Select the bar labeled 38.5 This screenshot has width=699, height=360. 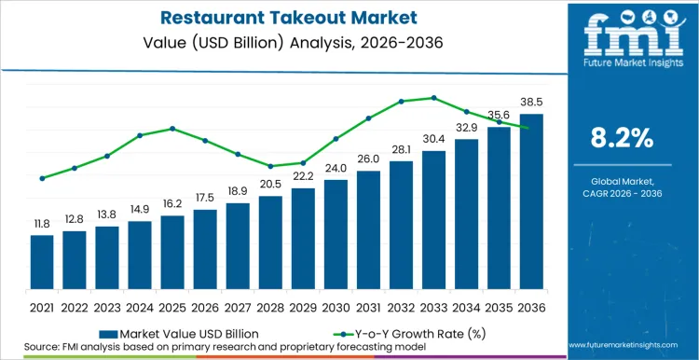(x=530, y=201)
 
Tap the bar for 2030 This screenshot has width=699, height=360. (x=336, y=233)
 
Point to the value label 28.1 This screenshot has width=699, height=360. (x=401, y=149)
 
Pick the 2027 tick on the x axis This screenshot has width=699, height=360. (x=238, y=306)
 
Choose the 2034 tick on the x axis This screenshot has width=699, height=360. (x=466, y=306)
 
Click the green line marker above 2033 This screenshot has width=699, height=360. (x=433, y=97)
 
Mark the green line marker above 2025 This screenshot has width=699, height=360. (x=172, y=129)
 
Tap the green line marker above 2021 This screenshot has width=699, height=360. (x=42, y=178)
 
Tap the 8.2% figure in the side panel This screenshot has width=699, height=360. (x=622, y=139)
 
